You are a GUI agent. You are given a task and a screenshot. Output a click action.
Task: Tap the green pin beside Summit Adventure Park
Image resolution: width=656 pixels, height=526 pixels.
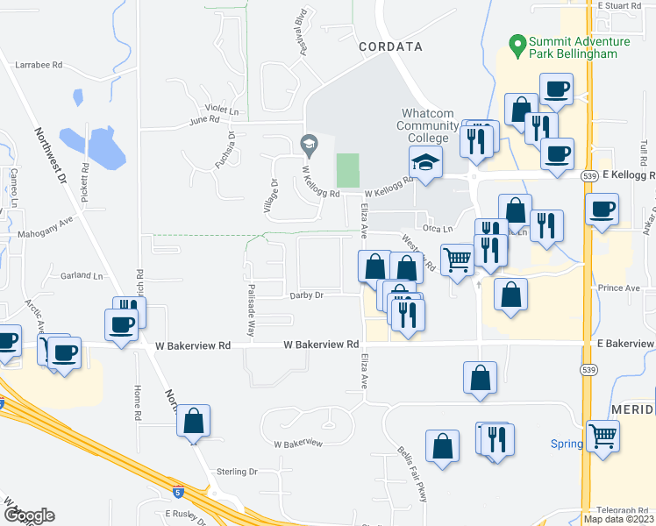point(517,42)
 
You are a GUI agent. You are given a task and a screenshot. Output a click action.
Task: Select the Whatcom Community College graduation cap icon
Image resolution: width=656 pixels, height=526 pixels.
point(425,163)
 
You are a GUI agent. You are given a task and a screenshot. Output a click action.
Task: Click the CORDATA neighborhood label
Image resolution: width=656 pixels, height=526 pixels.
point(390,46)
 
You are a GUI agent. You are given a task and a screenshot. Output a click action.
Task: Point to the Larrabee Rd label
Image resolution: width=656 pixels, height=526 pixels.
point(40,65)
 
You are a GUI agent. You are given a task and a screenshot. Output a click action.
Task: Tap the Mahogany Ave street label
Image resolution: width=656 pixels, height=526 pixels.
point(44,236)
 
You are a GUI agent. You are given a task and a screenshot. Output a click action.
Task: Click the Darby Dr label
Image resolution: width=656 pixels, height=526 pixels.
point(306,295)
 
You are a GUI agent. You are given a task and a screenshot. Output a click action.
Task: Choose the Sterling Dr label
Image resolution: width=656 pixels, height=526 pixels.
point(239,472)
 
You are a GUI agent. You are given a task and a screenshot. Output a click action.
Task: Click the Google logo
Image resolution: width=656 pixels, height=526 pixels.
point(29,515)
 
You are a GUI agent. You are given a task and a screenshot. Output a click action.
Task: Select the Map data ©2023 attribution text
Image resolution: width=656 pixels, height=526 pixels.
point(618,519)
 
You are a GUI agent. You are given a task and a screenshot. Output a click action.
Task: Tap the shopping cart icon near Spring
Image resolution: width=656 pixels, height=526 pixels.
point(603,434)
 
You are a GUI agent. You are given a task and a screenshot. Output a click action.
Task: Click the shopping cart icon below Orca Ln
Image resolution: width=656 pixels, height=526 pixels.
point(457,259)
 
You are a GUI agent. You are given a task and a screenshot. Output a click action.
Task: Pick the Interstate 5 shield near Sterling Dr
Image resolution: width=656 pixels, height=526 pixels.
point(178,493)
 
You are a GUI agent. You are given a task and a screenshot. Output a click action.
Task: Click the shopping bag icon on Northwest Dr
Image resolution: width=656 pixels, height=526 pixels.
point(194,421)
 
